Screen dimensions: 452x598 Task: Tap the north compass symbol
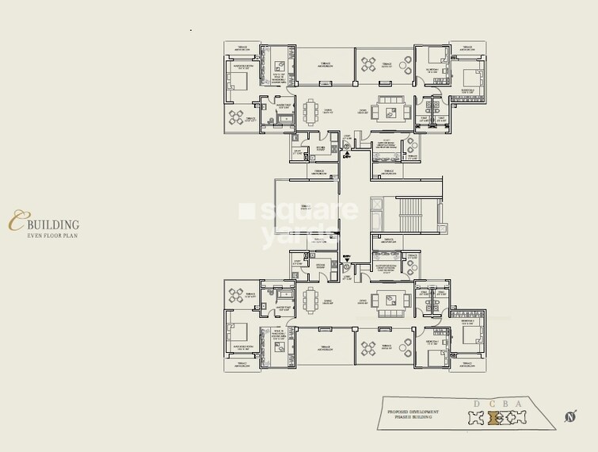click(x=570, y=416)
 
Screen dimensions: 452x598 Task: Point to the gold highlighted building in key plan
click(x=497, y=417)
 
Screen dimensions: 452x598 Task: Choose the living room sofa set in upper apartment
click(x=389, y=111)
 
